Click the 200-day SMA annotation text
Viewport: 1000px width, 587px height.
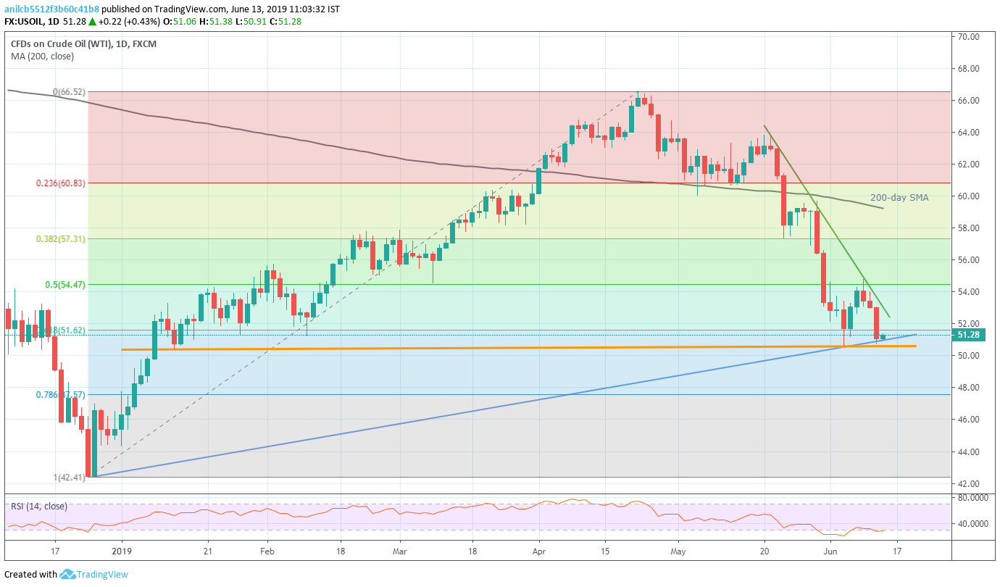899,197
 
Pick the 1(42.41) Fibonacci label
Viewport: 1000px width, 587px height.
69,477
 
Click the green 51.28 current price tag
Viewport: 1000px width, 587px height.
969,335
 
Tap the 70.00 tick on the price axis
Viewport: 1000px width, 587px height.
969,36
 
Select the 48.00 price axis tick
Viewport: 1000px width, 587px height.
969,388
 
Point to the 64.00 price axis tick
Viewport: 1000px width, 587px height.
969,133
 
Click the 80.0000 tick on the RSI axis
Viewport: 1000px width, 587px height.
973,498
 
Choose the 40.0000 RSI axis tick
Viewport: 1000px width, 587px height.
973,523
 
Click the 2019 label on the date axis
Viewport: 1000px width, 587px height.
122,551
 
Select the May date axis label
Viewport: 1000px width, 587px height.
679,551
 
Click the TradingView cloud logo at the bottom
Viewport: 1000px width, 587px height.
68,574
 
